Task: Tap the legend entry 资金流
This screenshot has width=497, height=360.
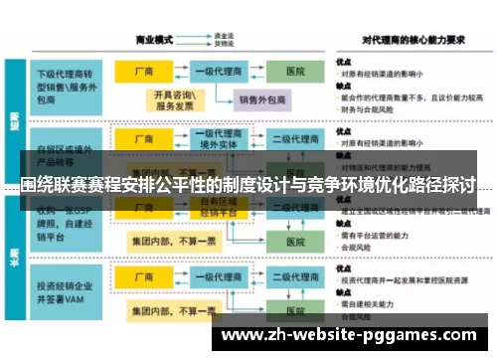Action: [x=225, y=37]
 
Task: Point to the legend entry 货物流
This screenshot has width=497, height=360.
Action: [x=225, y=45]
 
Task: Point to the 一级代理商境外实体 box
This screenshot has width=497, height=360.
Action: [x=218, y=140]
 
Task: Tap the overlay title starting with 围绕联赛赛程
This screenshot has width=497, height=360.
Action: [x=248, y=185]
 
